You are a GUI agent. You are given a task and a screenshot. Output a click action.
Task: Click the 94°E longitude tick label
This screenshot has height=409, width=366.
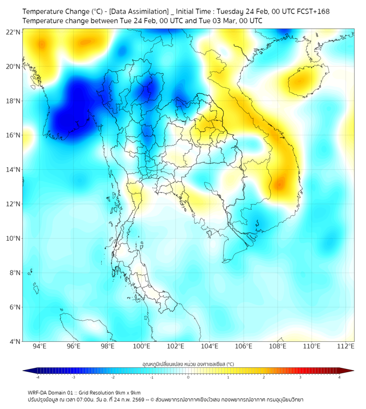pos(40,347)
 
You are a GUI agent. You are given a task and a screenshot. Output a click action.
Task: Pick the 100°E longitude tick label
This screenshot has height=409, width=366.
pos(141,347)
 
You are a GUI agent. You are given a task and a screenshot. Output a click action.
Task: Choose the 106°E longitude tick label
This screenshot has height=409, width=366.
pos(244,347)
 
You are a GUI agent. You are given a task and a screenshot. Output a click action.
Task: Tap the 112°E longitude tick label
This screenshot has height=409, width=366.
pos(345,347)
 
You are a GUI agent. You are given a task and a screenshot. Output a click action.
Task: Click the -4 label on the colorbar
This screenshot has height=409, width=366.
pos(37,377)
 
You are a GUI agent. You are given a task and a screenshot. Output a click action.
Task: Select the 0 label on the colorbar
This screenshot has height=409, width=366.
pos(188,377)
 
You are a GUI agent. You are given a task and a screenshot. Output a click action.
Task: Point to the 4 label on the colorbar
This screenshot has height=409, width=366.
pos(339,377)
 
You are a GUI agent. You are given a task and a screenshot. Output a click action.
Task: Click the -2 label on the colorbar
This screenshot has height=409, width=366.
pos(113,377)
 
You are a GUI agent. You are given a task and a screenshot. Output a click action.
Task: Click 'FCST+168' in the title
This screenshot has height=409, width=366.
pos(311,11)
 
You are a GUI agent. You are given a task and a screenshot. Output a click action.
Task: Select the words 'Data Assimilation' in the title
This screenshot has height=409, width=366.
pos(139,11)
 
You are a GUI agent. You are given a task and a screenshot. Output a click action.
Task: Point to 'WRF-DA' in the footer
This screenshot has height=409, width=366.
pos(38,392)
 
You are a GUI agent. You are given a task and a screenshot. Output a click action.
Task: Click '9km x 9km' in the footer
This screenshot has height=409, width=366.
pos(126,392)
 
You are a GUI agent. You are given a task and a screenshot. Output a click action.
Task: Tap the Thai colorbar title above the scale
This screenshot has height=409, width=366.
pos(188,364)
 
